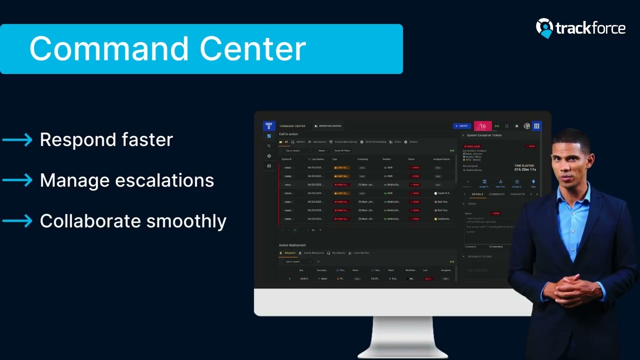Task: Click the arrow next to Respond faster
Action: click(17, 140)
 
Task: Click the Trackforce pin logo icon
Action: click(544, 28)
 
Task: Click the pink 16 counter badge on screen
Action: click(482, 126)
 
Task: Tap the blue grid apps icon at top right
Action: click(536, 126)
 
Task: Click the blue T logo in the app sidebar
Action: click(268, 126)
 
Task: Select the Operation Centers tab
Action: click(328, 126)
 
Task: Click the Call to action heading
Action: click(288, 134)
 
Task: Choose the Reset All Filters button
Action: click(342, 150)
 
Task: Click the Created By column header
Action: click(362, 159)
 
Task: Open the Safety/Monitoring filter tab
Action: click(345, 142)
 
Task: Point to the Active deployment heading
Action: click(292, 245)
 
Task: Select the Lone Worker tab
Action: click(361, 253)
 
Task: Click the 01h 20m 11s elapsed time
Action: click(525, 169)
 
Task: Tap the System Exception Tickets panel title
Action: click(484, 135)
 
